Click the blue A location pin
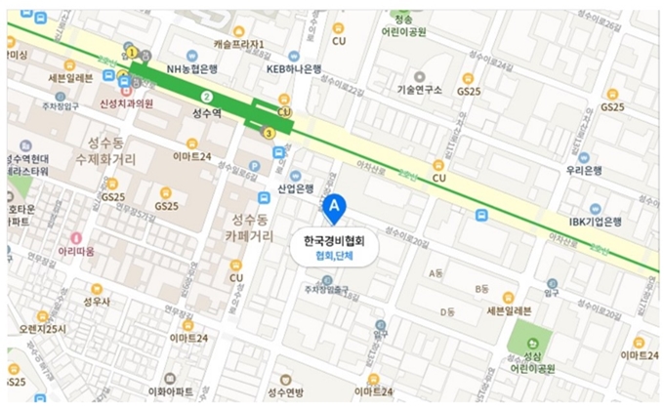[x=335, y=207]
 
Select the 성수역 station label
[x=207, y=113]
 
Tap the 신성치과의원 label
[x=127, y=102]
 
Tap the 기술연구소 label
[x=420, y=90]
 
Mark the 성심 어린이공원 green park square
[x=528, y=338]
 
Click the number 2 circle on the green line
[x=206, y=97]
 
